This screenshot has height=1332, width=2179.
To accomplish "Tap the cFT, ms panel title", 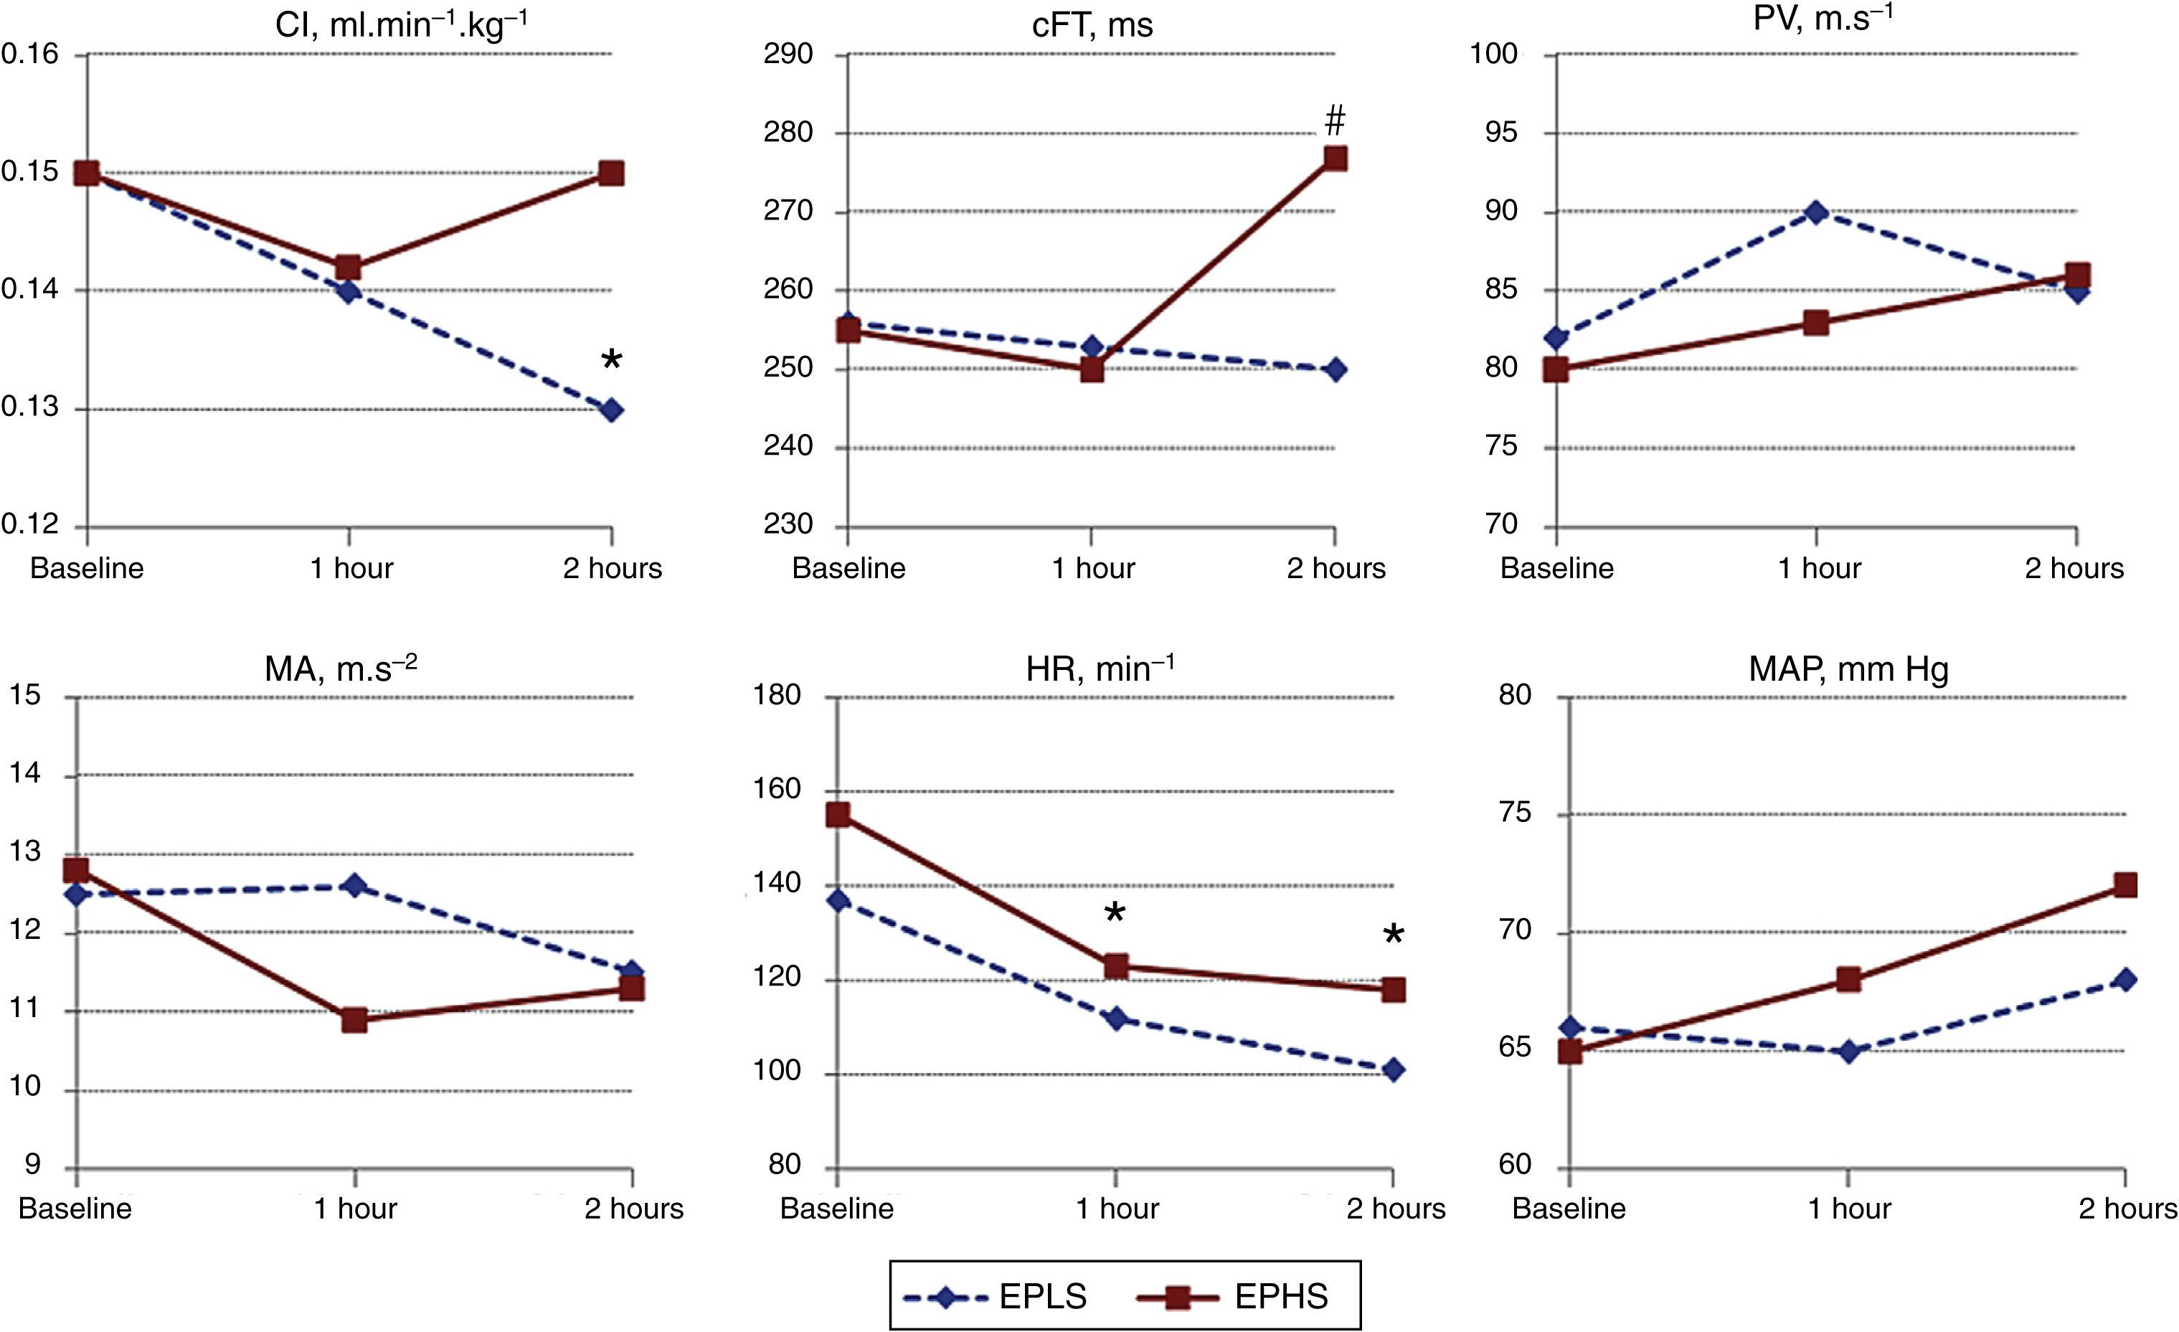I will tap(1092, 25).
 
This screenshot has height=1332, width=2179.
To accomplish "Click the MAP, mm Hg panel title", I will tap(1848, 669).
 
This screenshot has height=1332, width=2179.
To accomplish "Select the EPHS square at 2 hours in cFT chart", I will tap(1335, 159).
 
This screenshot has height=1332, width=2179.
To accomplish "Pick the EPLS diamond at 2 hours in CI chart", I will tap(611, 410).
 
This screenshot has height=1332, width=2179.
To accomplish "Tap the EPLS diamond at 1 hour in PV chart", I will tap(1816, 212).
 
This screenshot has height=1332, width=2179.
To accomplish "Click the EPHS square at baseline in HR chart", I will tap(838, 815).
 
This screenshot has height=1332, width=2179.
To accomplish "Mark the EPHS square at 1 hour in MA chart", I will tap(354, 1021).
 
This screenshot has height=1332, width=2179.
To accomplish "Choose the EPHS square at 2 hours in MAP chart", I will tap(2125, 885).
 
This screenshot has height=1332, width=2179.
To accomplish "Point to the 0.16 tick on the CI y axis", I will tap(30, 55).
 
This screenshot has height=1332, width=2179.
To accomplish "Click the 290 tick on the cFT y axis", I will tap(788, 55).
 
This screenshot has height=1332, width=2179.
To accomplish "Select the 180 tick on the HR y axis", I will tap(777, 695).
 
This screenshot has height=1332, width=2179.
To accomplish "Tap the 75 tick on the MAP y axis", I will tap(1515, 813).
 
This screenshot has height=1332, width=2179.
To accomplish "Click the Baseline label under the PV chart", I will tap(1556, 568).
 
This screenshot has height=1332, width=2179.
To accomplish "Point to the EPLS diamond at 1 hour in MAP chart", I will tap(1848, 1052).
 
